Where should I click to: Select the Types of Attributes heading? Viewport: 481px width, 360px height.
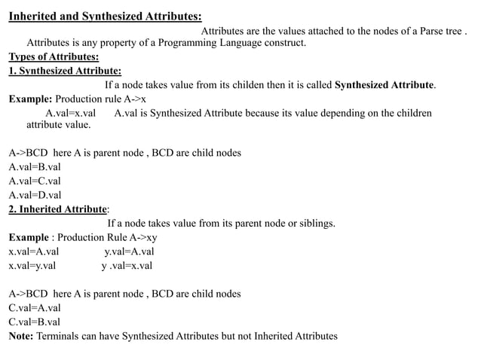point(54,57)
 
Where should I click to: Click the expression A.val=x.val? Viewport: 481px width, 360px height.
point(71,113)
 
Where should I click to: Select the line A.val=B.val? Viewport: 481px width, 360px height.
point(35,166)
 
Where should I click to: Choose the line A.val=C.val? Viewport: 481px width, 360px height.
point(35,181)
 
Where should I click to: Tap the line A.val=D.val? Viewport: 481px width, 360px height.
point(35,195)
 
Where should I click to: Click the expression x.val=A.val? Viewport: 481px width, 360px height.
point(34,252)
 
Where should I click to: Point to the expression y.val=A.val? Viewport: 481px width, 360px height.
point(129,252)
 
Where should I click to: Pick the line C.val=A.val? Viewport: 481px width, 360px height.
point(35,307)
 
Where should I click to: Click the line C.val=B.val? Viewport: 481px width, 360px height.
point(35,322)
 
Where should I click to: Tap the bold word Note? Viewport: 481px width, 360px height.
point(20,336)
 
